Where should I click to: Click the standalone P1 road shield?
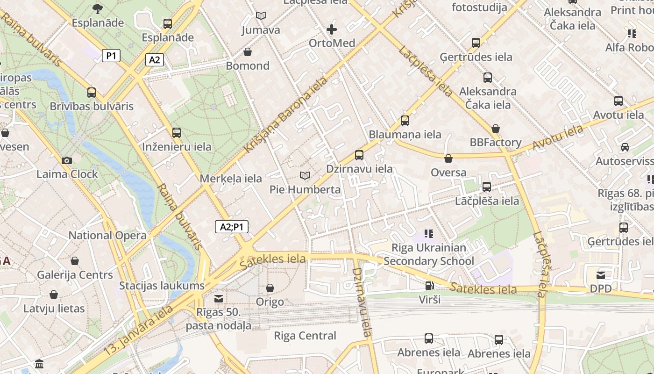(x=111, y=56)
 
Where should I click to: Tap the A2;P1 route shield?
(x=232, y=227)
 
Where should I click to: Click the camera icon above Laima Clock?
(x=67, y=160)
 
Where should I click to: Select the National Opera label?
(x=107, y=235)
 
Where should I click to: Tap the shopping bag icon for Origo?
(x=270, y=288)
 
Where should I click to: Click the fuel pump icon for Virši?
(x=429, y=285)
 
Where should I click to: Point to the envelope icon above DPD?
(x=601, y=275)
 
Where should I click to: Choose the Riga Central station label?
(x=305, y=336)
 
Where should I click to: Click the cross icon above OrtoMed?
(x=332, y=29)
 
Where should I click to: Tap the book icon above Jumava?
(x=261, y=16)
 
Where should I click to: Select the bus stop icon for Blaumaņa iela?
(x=405, y=121)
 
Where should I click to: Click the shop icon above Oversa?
(x=448, y=159)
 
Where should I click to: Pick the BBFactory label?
(x=496, y=142)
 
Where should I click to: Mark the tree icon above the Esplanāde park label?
(x=98, y=8)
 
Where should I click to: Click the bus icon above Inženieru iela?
(x=177, y=133)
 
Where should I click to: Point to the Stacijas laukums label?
(x=162, y=286)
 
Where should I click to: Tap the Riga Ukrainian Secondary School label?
(x=428, y=254)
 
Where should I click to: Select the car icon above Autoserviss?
(x=625, y=147)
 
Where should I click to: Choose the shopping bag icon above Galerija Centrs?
(x=75, y=261)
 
